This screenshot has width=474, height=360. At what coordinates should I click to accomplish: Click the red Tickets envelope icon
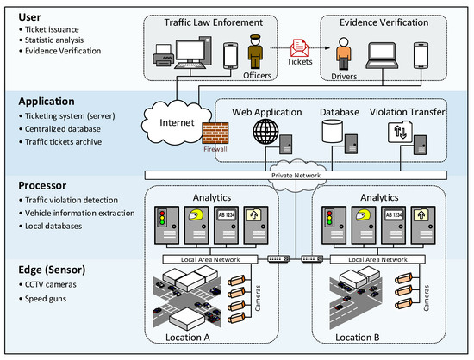299,48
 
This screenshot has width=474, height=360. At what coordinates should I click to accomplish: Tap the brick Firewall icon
215,133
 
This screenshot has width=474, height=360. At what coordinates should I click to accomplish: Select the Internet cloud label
177,122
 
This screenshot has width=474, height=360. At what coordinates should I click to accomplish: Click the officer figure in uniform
255,52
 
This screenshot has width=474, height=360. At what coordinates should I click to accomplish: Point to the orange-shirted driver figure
344,53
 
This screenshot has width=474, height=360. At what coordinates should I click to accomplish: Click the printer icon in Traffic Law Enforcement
163,55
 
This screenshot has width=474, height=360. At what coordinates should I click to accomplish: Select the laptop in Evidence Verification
382,56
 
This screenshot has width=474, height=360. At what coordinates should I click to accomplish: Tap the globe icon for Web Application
265,132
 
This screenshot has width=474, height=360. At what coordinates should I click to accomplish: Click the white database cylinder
332,131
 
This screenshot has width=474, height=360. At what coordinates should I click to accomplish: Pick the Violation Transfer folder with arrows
400,132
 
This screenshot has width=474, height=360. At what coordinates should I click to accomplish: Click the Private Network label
296,176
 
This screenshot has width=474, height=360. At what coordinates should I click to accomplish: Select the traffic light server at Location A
166,225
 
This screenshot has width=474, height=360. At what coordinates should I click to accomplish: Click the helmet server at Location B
364,225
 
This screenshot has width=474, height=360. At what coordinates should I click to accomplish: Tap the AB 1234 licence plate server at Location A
226,225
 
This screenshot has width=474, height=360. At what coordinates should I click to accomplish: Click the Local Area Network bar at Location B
377,259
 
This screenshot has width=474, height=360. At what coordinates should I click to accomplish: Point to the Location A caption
187,338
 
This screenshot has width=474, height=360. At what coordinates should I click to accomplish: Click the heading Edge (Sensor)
52,270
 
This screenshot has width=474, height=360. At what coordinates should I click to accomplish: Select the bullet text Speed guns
46,299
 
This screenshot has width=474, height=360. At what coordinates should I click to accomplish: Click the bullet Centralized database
63,129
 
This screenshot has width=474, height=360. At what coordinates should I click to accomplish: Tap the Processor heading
42,185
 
